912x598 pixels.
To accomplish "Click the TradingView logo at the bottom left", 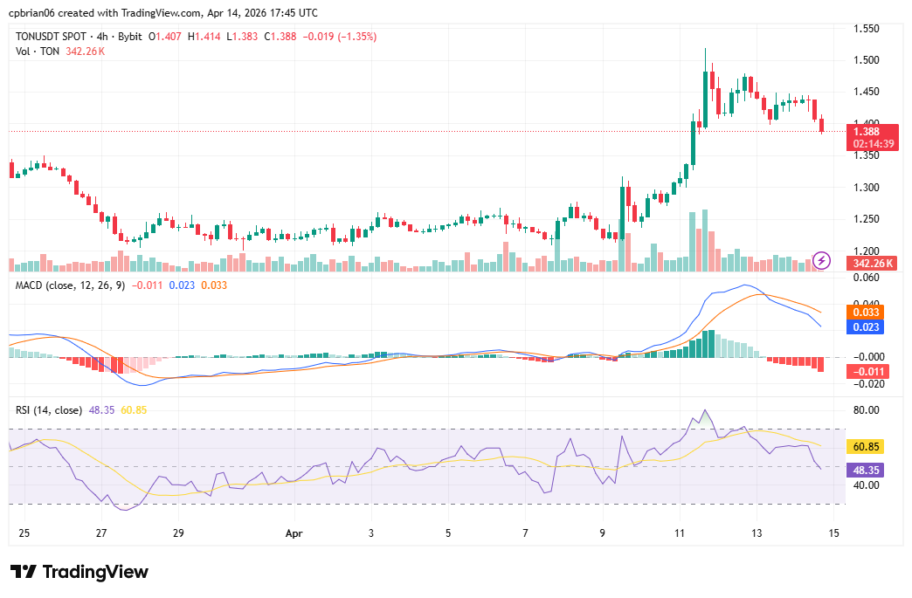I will (79, 572).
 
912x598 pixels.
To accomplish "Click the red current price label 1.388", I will (867, 131).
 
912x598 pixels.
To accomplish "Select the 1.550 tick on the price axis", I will (867, 29).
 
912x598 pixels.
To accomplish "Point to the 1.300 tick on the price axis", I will (867, 188).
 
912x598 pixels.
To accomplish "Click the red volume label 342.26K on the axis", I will (873, 263).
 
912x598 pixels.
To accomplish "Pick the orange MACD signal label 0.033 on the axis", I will (865, 312).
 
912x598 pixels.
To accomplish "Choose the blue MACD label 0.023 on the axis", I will (865, 327).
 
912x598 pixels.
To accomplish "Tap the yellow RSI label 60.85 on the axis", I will (867, 446).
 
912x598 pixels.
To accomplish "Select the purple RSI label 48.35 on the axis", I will (867, 470).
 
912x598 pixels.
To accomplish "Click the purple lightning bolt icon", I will (821, 259).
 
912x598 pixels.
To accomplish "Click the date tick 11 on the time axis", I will (679, 533).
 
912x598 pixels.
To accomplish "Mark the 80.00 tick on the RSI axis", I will (867, 409).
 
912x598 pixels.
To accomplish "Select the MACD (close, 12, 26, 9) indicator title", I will (71, 284).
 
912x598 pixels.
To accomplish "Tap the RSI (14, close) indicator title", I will (50, 409).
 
